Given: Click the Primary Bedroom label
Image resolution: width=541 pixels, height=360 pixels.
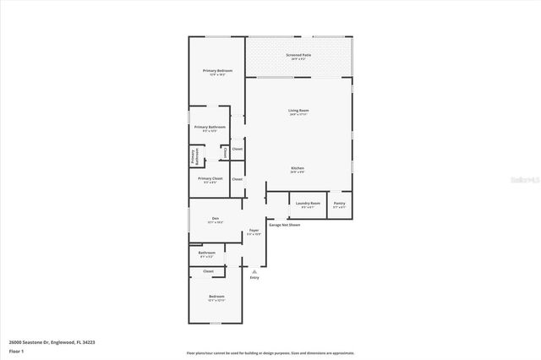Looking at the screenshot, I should [x=217, y=71].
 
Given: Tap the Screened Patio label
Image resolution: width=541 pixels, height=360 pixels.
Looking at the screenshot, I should [x=298, y=56].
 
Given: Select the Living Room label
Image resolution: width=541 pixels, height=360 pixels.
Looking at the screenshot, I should [x=298, y=111].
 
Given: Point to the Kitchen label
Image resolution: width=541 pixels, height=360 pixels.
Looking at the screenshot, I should [x=298, y=168].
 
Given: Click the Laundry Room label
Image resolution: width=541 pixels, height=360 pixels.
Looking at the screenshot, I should [x=309, y=204].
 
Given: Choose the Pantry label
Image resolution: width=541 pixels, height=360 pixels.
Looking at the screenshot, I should [x=339, y=204].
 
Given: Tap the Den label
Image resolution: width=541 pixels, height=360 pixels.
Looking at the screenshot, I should [x=216, y=219].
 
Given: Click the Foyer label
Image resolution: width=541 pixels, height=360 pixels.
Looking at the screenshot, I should [x=254, y=231].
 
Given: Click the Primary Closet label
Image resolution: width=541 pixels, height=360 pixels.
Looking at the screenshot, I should [x=210, y=178].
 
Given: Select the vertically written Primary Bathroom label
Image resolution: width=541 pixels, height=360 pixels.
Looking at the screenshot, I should [x=194, y=156].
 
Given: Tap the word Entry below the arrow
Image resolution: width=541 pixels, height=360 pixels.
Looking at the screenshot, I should [x=254, y=277].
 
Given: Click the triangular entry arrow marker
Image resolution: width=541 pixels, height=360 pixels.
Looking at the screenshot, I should [x=254, y=270].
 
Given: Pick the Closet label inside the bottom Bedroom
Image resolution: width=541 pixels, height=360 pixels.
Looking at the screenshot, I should [x=208, y=271].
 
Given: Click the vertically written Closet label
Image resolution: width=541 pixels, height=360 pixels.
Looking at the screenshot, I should [x=225, y=151].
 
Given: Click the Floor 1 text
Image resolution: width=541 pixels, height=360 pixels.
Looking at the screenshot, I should [x=16, y=350].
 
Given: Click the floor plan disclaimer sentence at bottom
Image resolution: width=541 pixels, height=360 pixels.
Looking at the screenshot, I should [x=270, y=352].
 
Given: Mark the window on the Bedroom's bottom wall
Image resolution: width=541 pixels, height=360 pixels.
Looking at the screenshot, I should [x=216, y=324].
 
